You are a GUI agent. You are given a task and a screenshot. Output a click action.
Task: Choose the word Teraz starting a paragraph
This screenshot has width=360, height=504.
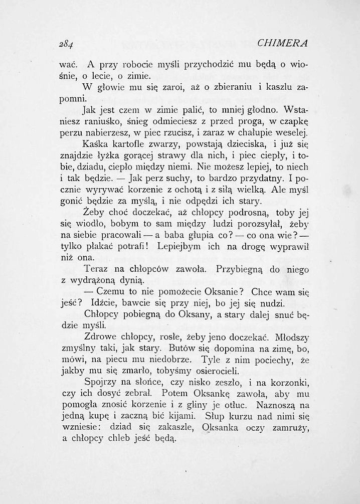pos(97,269)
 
